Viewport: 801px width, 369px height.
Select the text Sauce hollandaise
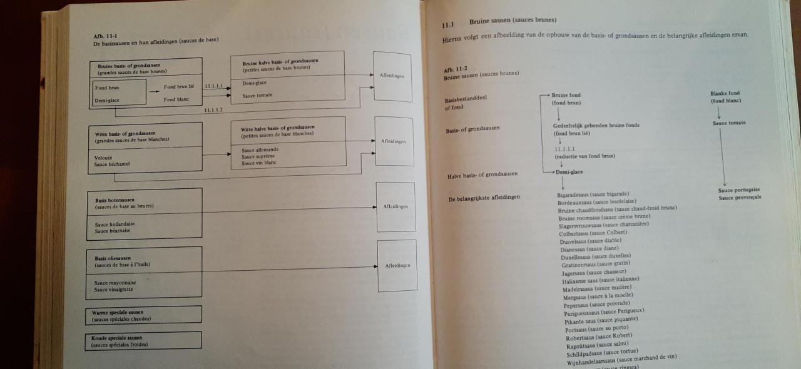pos(115,224)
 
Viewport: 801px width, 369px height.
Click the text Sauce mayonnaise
pos(115,283)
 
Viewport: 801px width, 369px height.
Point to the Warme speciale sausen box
pos(143,315)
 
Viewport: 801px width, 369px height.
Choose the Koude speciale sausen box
pos(143,340)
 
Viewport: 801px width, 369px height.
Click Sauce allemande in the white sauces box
pos(260,150)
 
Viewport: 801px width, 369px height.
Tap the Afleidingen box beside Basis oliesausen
pos(397,266)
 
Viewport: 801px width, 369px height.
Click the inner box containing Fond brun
pos(119,93)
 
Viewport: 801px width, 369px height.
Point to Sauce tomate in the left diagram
pos(257,95)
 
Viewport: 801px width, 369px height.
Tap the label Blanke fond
pos(725,94)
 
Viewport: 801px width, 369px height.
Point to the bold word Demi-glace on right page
pos(569,171)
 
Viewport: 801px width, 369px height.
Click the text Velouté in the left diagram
pos(104,158)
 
